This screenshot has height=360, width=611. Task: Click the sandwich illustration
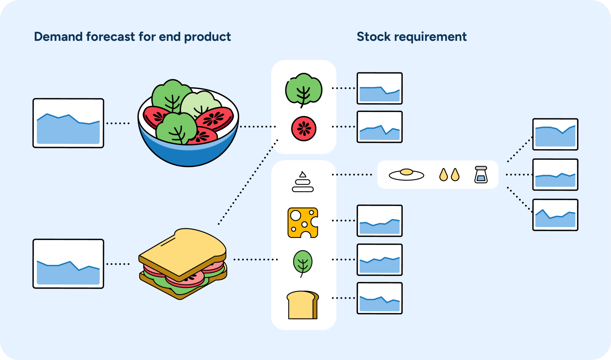point(183,264)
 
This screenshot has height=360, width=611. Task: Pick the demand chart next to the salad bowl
point(68,123)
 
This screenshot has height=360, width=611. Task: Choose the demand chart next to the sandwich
point(68,264)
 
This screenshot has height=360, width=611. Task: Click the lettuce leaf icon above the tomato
point(303,89)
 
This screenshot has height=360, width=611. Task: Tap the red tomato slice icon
point(303,129)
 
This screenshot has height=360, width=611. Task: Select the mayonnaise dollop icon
point(303,182)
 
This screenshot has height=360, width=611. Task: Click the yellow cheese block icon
point(303,223)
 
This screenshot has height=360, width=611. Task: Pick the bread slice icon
point(302,305)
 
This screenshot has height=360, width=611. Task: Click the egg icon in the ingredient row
point(406,174)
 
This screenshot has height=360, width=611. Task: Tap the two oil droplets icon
point(449,175)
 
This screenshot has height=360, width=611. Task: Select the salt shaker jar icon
point(481,175)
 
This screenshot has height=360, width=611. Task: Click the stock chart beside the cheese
point(379,221)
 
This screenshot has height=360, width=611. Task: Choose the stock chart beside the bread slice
point(379,298)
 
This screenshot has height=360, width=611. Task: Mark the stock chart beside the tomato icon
point(379,127)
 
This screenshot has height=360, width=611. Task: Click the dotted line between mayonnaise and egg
point(352,174)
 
